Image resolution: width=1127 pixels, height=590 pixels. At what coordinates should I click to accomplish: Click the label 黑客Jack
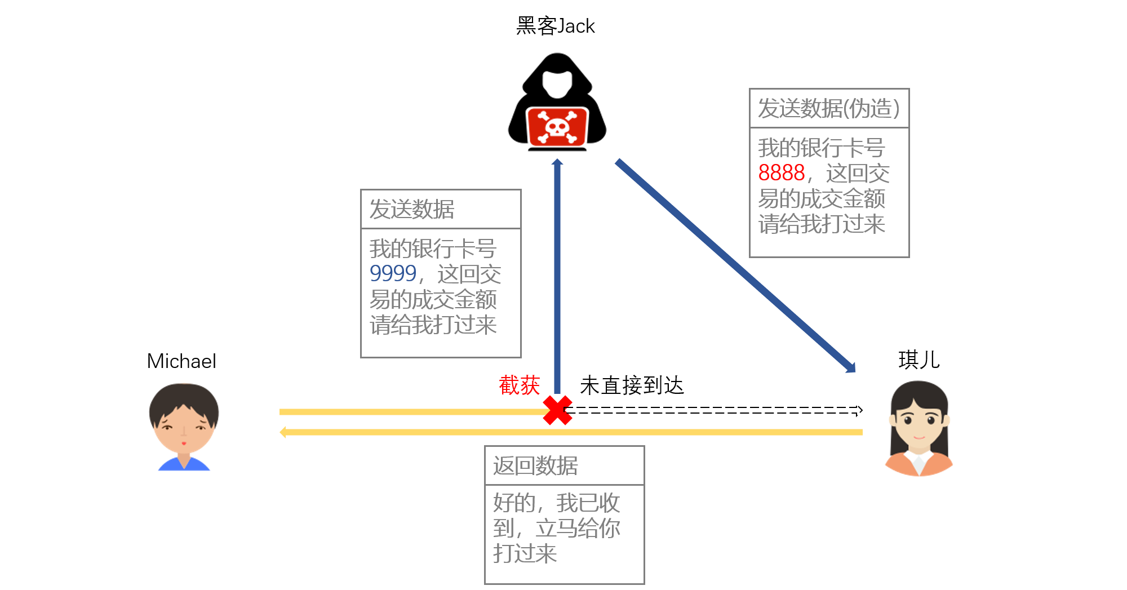pyautogui.click(x=555, y=26)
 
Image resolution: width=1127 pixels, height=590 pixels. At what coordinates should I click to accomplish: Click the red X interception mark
pyautogui.click(x=557, y=410)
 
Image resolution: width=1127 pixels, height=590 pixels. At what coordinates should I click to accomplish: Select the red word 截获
pyautogui.click(x=519, y=385)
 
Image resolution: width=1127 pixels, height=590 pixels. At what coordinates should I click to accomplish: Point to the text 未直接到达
pyautogui.click(x=632, y=385)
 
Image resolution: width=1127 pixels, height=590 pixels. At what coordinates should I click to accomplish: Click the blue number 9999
pyautogui.click(x=393, y=274)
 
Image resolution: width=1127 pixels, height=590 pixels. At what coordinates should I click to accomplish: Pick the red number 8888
pyautogui.click(x=782, y=173)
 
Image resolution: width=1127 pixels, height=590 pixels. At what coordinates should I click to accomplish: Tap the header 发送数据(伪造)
pyautogui.click(x=828, y=108)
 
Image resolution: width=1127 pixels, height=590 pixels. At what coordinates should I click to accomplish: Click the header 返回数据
pyautogui.click(x=535, y=466)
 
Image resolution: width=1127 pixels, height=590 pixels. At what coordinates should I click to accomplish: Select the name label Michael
pyautogui.click(x=181, y=361)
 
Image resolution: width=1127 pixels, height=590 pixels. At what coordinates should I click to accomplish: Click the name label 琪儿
pyautogui.click(x=919, y=360)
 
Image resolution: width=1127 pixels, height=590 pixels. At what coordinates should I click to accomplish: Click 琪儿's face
pyautogui.click(x=919, y=420)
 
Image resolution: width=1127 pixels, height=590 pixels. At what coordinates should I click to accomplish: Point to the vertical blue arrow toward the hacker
pyautogui.click(x=557, y=276)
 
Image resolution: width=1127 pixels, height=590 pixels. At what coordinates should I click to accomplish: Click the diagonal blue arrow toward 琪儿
pyautogui.click(x=735, y=266)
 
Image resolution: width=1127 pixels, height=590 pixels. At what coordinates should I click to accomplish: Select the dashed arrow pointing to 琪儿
pyautogui.click(x=713, y=410)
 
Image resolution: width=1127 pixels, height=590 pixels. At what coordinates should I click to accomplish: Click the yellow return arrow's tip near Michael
pyautogui.click(x=281, y=432)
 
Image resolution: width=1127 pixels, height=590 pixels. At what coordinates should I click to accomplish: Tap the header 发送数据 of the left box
pyautogui.click(x=412, y=209)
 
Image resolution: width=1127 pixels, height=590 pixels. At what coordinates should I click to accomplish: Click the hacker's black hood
pyautogui.click(x=557, y=79)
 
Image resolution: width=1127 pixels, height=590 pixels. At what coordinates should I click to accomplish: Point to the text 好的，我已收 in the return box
pyautogui.click(x=557, y=503)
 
